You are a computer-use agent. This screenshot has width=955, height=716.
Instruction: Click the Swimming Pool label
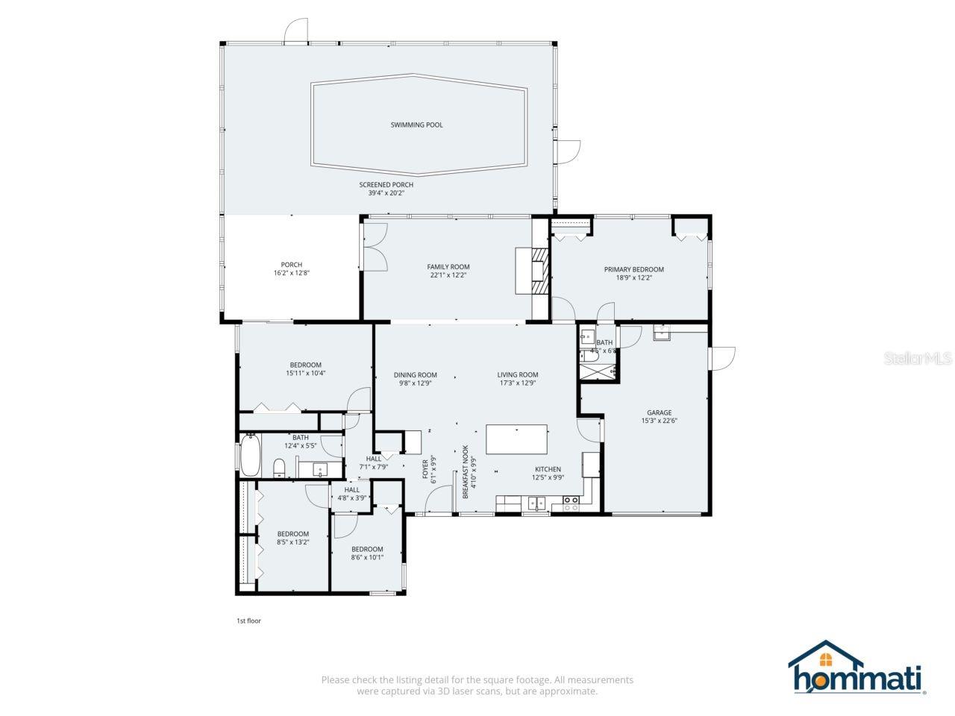[x=416, y=125]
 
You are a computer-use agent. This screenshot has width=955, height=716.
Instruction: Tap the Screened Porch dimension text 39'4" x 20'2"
[x=386, y=193]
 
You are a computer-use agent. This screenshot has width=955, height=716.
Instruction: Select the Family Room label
[x=448, y=267]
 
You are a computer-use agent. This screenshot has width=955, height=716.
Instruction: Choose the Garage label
[x=659, y=412]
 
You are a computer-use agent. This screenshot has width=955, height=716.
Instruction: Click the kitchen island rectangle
[x=516, y=439]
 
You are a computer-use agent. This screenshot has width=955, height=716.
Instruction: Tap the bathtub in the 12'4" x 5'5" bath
[x=250, y=456]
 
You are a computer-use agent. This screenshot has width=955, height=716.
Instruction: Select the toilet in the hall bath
[x=279, y=468]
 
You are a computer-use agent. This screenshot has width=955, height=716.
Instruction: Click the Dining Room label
[x=416, y=375]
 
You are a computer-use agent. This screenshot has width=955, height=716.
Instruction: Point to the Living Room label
[x=518, y=375]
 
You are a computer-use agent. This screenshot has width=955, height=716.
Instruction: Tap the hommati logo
[x=857, y=668]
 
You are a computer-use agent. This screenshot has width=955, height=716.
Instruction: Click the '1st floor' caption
[x=248, y=621]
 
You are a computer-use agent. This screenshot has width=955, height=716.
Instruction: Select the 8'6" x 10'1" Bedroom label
[x=367, y=550]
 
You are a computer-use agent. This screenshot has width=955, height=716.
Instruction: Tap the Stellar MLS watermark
[x=917, y=359]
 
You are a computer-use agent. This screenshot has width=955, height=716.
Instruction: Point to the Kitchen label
[x=547, y=469]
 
